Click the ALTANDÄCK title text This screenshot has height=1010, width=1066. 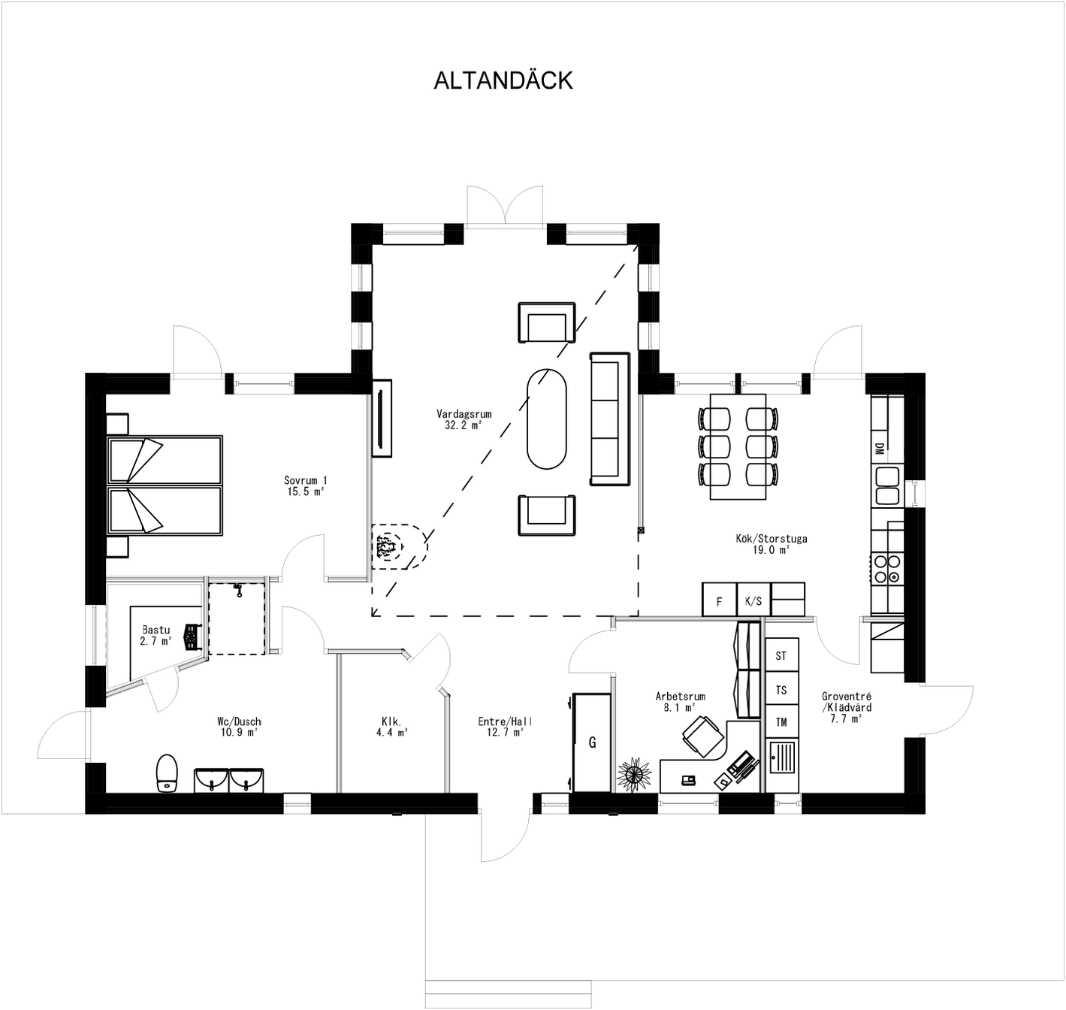point(503,80)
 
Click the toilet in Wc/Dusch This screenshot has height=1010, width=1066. point(167,773)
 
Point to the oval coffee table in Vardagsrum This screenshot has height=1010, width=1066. point(546,419)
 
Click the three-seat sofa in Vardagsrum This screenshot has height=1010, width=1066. point(608,419)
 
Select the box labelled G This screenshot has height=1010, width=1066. point(592,742)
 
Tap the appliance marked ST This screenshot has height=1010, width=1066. point(781,656)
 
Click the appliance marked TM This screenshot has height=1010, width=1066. point(781,722)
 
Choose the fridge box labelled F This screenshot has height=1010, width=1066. point(719,600)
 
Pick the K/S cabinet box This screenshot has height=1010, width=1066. point(753,600)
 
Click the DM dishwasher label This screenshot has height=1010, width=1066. point(879,449)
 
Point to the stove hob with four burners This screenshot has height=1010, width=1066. point(886,568)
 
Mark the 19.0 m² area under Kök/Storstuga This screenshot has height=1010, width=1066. point(771,550)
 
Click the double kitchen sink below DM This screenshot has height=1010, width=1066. point(886,485)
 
